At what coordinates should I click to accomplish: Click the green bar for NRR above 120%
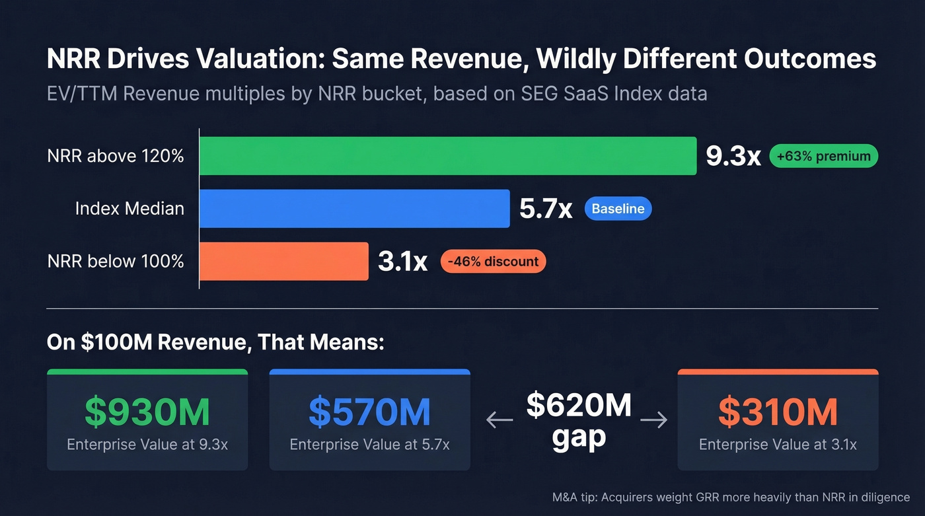(448, 156)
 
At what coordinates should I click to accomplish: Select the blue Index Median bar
(355, 209)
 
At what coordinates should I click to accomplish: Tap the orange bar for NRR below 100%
(284, 262)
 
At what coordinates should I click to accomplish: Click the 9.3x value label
(733, 157)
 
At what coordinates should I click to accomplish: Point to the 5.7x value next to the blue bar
(546, 209)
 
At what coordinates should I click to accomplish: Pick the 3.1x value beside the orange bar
(403, 262)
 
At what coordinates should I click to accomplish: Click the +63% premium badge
(823, 157)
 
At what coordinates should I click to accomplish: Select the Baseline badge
(618, 209)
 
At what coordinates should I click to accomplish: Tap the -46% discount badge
(493, 262)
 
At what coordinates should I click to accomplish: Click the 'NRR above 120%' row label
(116, 157)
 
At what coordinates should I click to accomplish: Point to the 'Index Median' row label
(129, 209)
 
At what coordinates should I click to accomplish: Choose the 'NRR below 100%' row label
(116, 262)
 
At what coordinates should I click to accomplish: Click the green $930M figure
(147, 412)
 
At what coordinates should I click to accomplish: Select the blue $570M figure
(369, 412)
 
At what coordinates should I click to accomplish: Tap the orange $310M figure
(778, 412)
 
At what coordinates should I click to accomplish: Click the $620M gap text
(579, 421)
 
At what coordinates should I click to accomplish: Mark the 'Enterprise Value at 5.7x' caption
(369, 445)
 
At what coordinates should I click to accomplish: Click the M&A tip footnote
(731, 497)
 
